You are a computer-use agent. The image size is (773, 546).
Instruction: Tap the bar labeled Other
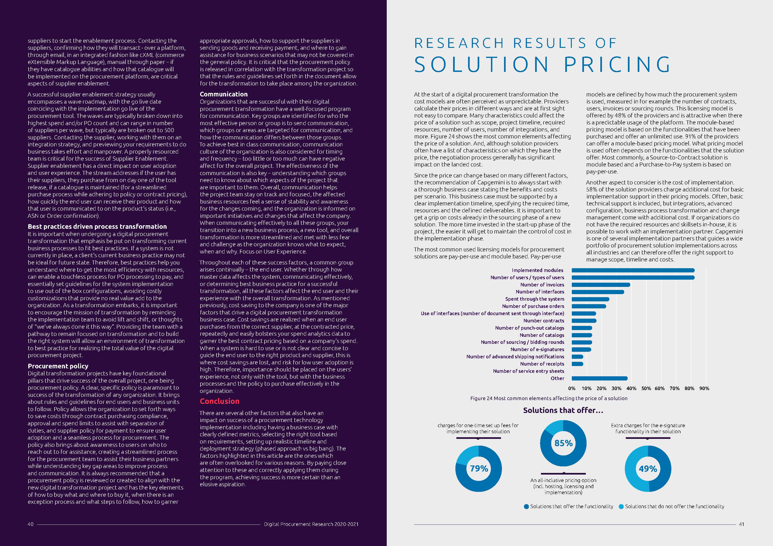pos(599,378)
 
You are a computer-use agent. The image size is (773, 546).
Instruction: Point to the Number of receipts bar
pos(577,364)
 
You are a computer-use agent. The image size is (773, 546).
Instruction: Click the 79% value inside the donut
pos(479,468)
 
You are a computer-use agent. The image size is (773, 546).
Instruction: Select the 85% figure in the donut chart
pos(563,443)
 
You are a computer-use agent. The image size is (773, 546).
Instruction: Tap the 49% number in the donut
pos(648,469)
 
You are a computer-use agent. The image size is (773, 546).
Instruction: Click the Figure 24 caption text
pos(548,398)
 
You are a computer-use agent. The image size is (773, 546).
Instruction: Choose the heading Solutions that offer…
pos(563,410)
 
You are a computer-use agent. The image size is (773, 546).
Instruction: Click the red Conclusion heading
pos(219,401)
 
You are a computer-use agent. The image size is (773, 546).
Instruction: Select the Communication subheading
pos(224,94)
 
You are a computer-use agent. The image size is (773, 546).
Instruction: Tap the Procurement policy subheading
pos(58,366)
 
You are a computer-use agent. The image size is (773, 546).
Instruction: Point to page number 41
pos(741,524)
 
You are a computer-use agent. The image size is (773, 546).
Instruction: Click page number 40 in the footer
pos(30,524)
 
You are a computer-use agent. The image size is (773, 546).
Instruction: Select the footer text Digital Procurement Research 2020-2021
pos(311,524)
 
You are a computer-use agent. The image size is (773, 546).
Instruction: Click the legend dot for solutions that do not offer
pos(621,507)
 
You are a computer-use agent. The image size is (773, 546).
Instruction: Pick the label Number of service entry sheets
pos(528,371)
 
